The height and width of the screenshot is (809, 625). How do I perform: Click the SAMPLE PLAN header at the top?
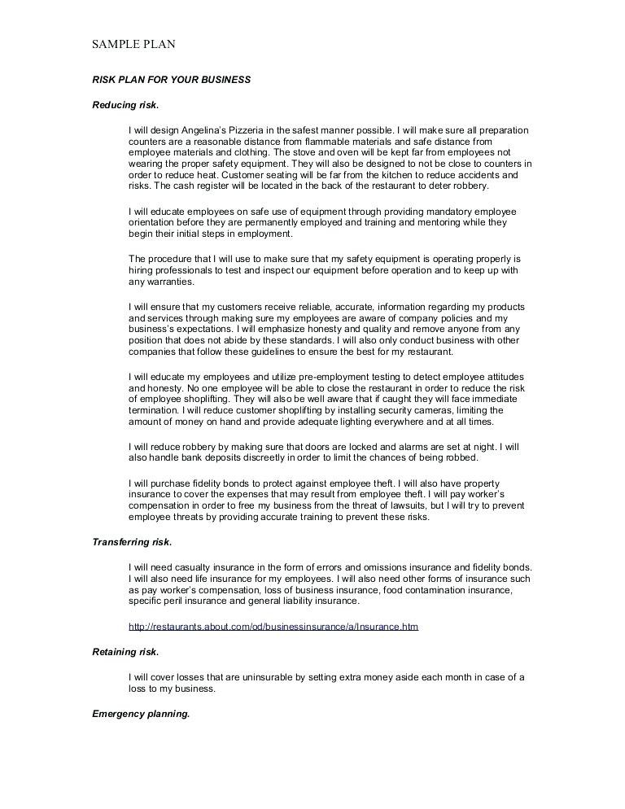(133, 44)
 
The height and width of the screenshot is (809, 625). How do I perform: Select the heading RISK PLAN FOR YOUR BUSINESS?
(171, 80)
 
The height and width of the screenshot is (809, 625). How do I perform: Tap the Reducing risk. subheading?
(125, 105)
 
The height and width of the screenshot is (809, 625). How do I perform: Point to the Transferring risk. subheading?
(132, 541)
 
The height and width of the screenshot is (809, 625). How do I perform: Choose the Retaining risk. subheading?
(125, 652)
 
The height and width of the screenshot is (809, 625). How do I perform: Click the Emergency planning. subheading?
(141, 714)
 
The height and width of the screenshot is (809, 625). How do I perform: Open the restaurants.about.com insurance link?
(273, 627)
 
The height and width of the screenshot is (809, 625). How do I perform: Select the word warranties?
(168, 282)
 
